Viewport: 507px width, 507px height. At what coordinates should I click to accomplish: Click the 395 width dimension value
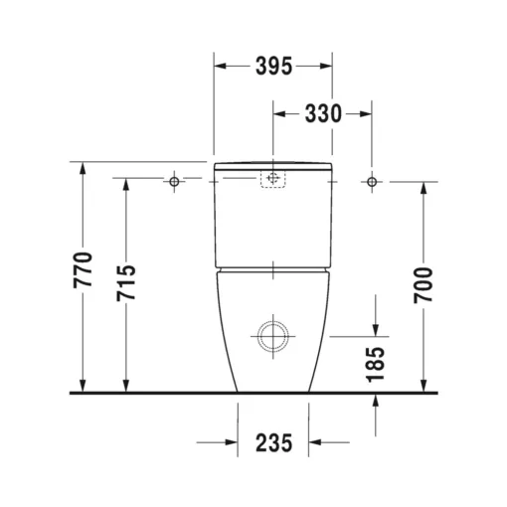click(273, 67)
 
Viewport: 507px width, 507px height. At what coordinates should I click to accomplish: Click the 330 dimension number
click(323, 114)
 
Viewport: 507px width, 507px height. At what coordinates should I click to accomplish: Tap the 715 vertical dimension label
click(126, 284)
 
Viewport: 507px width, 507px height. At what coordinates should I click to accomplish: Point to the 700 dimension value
click(423, 285)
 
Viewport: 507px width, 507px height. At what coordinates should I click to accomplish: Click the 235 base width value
click(273, 443)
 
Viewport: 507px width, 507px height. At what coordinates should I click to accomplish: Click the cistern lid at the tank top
click(272, 161)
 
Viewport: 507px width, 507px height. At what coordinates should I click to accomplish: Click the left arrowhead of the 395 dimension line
click(221, 67)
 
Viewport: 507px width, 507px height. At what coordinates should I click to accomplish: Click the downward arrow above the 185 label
click(376, 329)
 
